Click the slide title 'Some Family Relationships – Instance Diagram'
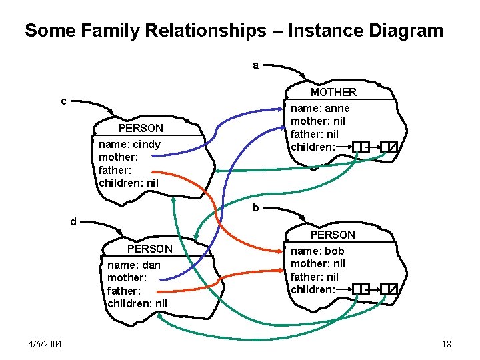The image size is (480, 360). (x=233, y=31)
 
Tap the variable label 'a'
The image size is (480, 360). (x=256, y=65)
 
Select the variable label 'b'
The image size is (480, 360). (x=255, y=208)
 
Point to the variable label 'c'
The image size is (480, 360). (x=63, y=101)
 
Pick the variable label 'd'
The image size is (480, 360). (x=74, y=221)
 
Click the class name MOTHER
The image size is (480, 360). (x=333, y=92)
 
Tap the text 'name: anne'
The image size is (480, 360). (x=320, y=108)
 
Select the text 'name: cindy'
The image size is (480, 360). (x=129, y=144)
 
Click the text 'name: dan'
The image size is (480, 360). (x=133, y=265)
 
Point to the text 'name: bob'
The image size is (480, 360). (x=317, y=251)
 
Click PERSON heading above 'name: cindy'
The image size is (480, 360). (x=140, y=128)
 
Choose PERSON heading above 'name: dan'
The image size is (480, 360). (x=149, y=249)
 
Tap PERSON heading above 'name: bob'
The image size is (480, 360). (x=333, y=235)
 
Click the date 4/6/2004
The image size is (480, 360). (x=45, y=344)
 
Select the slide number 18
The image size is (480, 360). (x=446, y=344)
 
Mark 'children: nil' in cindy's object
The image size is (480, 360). (x=129, y=182)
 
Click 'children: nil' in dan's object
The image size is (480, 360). (x=137, y=303)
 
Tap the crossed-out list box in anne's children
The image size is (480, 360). (x=389, y=146)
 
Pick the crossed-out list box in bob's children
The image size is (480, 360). (x=389, y=289)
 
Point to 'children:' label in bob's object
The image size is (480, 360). (x=313, y=289)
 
